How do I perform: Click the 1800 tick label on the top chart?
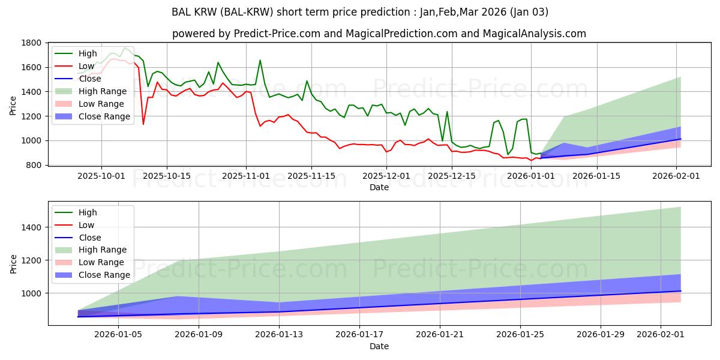(32, 43)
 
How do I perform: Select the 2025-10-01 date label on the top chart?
(101, 176)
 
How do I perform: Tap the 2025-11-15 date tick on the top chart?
(312, 176)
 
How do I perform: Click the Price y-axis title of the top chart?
(13, 104)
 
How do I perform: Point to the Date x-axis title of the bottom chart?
(379, 346)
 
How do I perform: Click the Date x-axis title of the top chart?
(379, 187)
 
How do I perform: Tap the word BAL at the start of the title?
(181, 12)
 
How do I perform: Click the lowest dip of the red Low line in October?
(143, 124)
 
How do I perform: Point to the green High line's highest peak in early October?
(125, 47)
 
